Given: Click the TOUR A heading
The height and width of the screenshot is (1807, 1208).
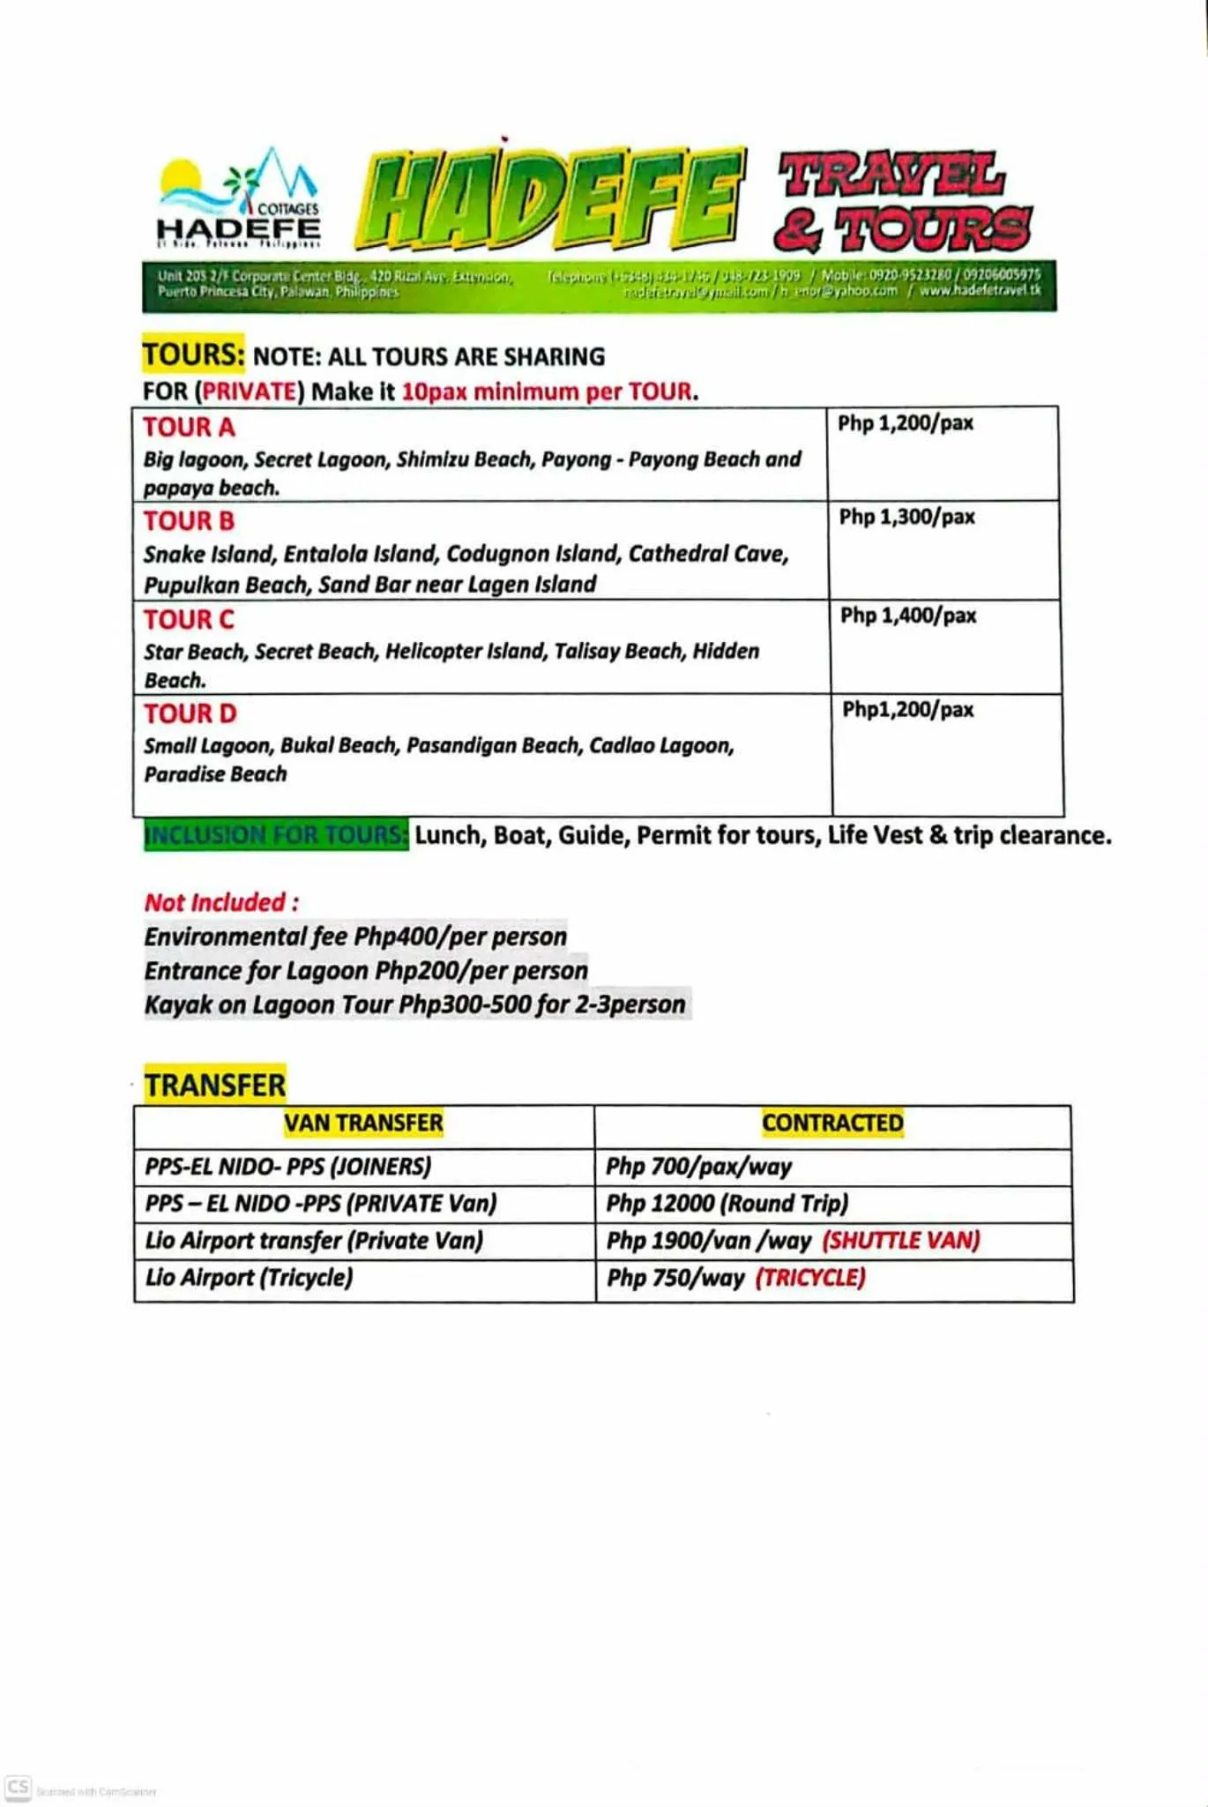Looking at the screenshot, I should [189, 427].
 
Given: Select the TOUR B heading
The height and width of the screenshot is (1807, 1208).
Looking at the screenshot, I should [189, 521].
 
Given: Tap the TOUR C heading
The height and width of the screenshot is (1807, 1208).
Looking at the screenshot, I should [189, 620].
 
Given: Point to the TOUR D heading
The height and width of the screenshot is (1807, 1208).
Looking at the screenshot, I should [190, 713].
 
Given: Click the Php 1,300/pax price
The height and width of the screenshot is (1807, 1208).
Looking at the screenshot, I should [906, 517].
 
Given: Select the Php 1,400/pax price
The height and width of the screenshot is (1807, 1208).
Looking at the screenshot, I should [908, 616].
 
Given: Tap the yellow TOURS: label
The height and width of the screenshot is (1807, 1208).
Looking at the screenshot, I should [193, 355].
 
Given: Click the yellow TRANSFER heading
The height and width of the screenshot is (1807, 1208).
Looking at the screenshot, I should [215, 1085].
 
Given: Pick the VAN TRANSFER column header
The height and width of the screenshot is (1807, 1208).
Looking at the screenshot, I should [363, 1123].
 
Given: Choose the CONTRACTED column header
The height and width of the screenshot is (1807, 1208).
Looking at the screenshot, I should [832, 1123].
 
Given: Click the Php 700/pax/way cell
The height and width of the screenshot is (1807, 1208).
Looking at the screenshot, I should [698, 1167].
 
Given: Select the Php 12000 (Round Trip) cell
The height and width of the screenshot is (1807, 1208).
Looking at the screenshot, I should [727, 1204].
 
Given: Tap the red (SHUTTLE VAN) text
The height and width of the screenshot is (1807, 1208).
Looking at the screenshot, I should [900, 1241].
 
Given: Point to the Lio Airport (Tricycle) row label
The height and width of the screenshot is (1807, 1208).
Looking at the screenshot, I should [249, 1277].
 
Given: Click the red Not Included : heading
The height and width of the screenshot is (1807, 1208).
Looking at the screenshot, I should [221, 902].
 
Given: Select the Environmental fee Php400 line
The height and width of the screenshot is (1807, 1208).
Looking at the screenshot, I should [355, 937].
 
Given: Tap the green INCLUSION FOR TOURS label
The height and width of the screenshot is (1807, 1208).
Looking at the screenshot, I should [276, 834].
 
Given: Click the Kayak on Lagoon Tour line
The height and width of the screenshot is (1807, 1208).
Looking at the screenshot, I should [414, 1004].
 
